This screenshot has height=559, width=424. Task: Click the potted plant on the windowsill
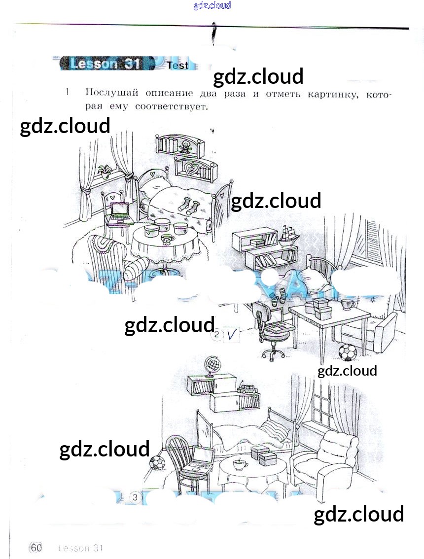pyautogui.click(x=104, y=171)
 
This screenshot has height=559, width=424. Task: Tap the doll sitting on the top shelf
pyautogui.click(x=186, y=146)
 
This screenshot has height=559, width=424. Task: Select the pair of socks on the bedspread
pyautogui.click(x=188, y=203)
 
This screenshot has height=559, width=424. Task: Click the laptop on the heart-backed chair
pyautogui.click(x=120, y=212)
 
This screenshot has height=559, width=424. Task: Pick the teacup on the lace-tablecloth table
pyautogui.click(x=168, y=239)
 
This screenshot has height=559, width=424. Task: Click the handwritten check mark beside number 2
pyautogui.click(x=232, y=336)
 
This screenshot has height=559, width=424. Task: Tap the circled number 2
pyautogui.click(x=216, y=336)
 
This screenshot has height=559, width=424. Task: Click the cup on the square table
pyautogui.click(x=348, y=303)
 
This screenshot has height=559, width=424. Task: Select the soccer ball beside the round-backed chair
pyautogui.click(x=157, y=463)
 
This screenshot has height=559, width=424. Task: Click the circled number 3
pyautogui.click(x=135, y=497)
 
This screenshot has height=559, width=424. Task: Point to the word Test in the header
pyautogui.click(x=177, y=65)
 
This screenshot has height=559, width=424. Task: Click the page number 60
pyautogui.click(x=36, y=548)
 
